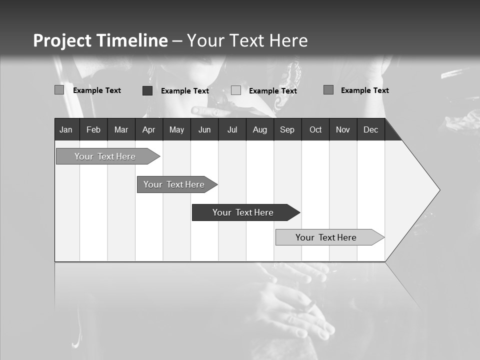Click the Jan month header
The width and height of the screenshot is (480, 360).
[66, 130]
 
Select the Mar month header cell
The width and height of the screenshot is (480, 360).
[121, 130]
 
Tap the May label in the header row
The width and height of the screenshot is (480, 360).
[176, 130]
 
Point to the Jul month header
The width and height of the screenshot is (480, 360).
[232, 130]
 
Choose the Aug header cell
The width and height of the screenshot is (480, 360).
[260, 130]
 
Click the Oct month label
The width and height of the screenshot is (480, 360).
[315, 130]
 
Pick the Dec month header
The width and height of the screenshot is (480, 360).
[370, 130]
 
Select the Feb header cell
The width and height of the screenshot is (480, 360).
[93, 130]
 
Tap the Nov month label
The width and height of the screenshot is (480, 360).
[343, 130]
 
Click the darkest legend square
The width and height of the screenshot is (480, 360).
[147, 90]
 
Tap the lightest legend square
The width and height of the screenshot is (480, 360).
[236, 90]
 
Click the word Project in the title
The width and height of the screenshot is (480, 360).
[63, 40]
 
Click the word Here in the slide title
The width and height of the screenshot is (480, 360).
[288, 40]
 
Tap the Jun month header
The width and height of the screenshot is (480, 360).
[204, 130]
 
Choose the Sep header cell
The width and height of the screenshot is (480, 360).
[287, 130]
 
